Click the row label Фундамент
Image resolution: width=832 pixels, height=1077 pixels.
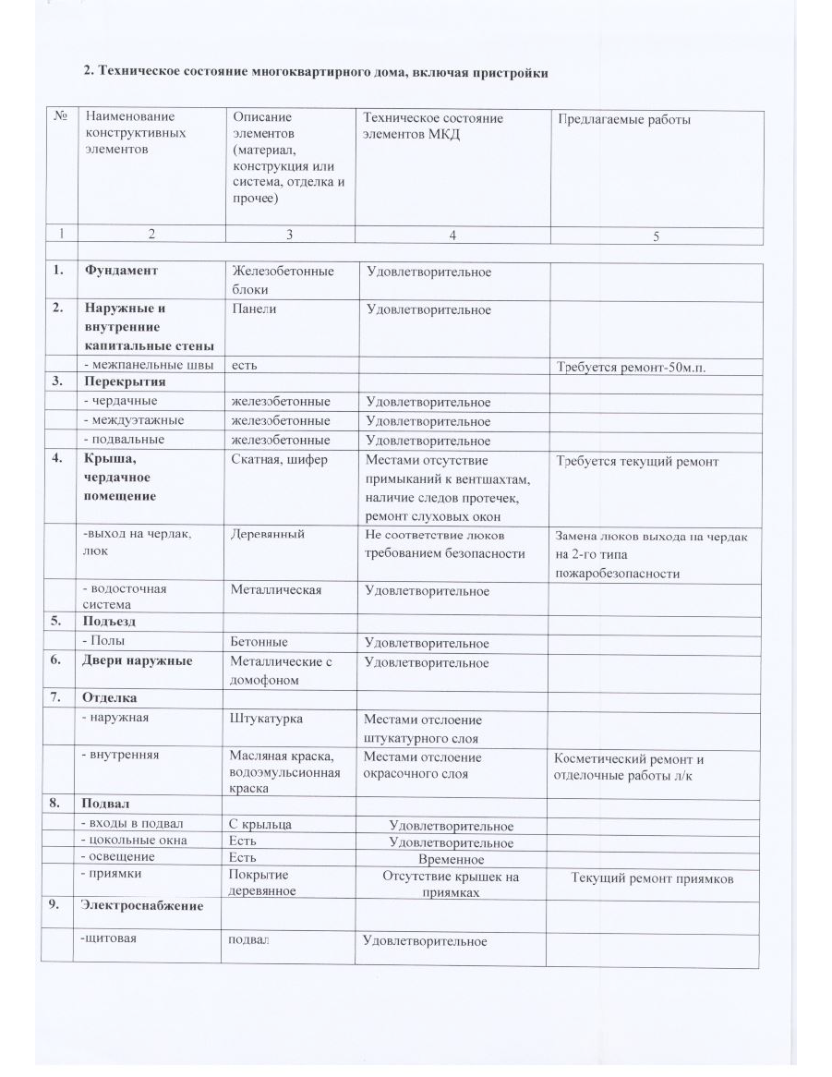pos(121,271)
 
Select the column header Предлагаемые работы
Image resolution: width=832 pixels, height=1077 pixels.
pos(623,119)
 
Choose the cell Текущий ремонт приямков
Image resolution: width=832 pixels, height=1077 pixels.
pos(652,878)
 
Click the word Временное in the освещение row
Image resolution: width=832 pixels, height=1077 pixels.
pos(451,860)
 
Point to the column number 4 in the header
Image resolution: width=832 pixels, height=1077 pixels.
pos(452,236)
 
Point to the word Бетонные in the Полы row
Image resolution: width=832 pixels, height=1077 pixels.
pos(259,641)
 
